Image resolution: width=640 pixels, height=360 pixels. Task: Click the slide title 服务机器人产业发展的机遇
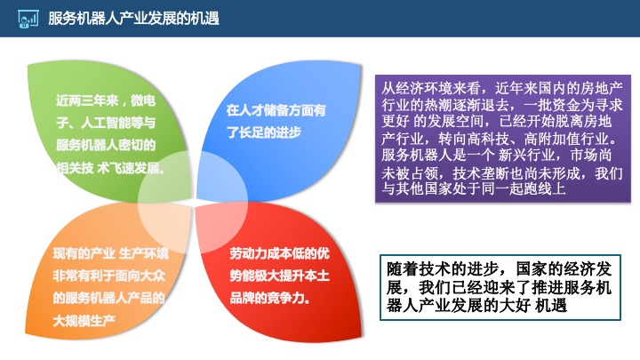(x=133, y=19)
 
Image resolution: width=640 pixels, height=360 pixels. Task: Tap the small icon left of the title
(x=28, y=19)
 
